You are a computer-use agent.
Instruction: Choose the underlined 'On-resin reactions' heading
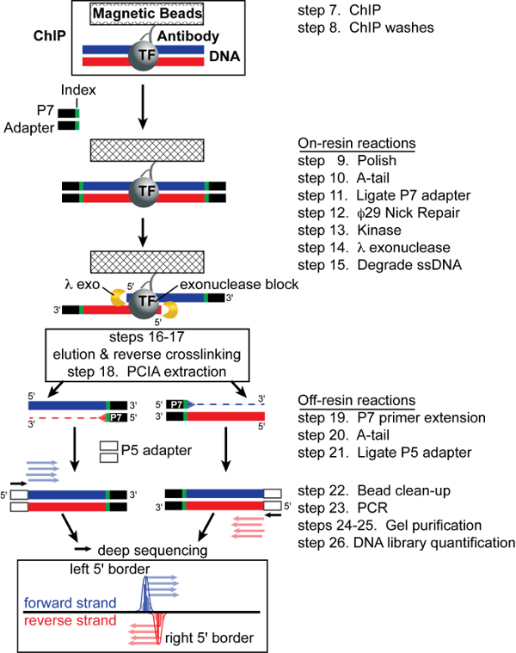click(343, 143)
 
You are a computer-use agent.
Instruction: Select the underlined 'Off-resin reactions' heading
click(345, 401)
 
